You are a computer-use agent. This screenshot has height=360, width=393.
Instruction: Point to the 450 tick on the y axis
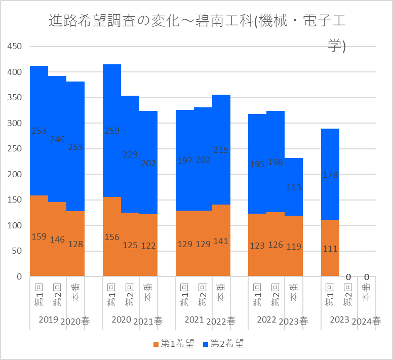click(x=14, y=47)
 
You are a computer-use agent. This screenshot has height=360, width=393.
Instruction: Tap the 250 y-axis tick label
click(x=14, y=149)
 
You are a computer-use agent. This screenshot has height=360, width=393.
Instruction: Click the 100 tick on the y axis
click(x=14, y=225)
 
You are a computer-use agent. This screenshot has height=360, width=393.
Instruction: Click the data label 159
click(x=39, y=236)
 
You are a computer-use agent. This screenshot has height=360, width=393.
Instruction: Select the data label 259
click(x=112, y=131)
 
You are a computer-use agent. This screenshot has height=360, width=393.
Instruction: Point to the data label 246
click(x=57, y=139)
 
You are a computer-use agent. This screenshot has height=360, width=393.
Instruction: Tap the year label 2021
click(x=194, y=319)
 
